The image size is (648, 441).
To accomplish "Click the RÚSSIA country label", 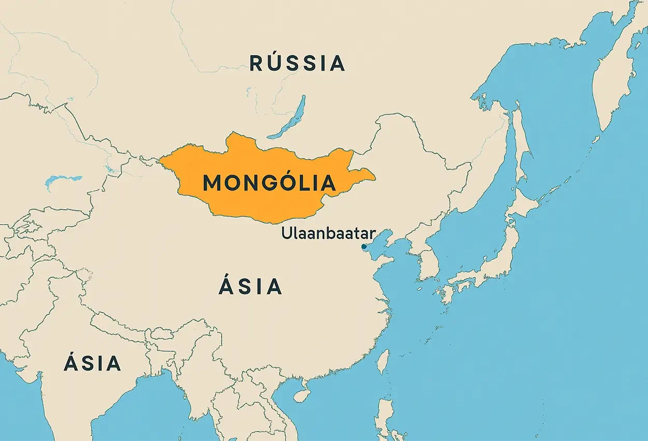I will tap(297, 63).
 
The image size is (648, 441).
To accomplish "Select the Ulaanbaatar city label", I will tap(329, 233).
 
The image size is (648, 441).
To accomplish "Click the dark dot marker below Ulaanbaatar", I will tap(364, 246).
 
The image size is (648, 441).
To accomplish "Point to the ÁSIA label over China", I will tap(250, 286).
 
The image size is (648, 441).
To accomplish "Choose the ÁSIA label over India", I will tap(92, 363).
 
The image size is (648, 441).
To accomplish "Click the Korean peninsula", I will tap(425, 259).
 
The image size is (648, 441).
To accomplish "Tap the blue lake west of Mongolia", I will tap(62, 180).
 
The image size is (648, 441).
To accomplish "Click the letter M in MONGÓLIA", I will tap(213, 184).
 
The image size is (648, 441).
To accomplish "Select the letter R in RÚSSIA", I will tap(257, 63).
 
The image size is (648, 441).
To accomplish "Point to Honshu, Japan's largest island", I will tap(492, 265).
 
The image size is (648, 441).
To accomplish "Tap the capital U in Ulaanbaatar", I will tap(286, 233).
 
